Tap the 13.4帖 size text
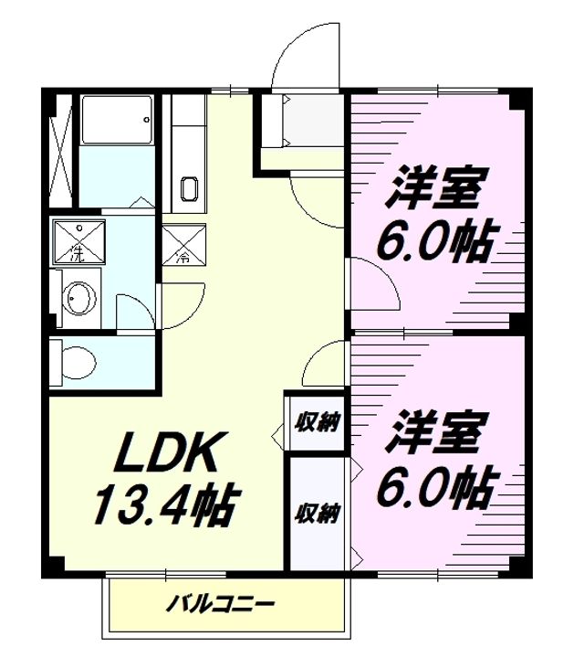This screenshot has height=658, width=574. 168,505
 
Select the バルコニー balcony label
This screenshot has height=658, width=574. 220,605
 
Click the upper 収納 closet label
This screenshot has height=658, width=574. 317,421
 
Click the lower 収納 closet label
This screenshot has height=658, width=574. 317,513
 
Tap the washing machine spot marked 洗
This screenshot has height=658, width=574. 78,241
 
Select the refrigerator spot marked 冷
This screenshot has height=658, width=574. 184,244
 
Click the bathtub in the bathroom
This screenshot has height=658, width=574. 117,120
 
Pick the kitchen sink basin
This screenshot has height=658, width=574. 190,189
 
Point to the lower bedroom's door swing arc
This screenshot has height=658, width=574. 315,352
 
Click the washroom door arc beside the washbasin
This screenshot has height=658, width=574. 143,304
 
